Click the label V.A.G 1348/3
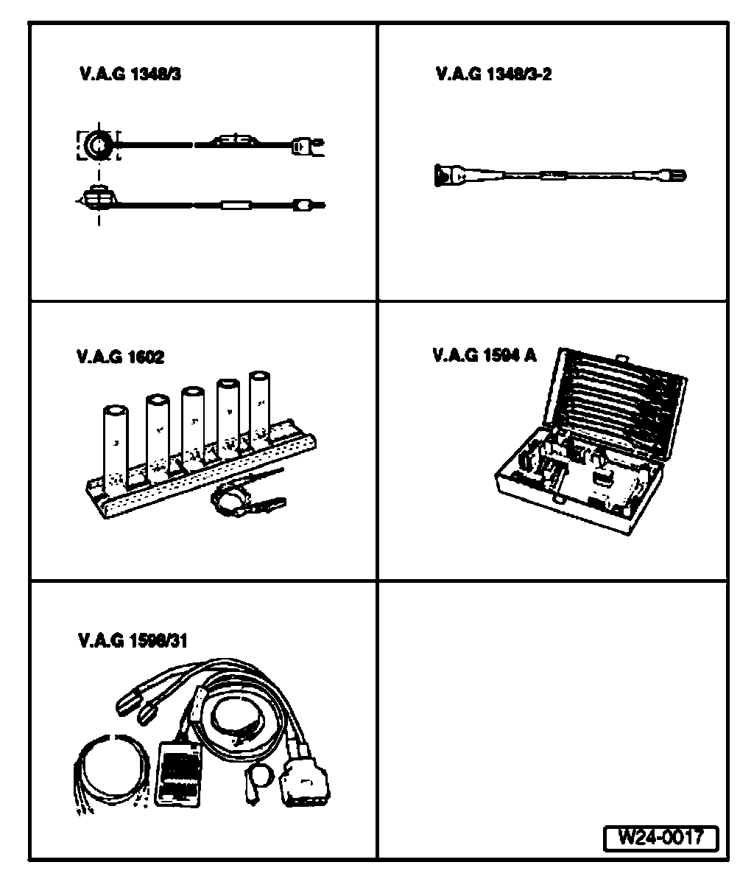[130, 74]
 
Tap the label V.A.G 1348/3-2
[493, 74]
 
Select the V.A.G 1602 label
[121, 357]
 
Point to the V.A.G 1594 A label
[485, 355]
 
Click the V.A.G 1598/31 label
[133, 641]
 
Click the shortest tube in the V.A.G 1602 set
[116, 447]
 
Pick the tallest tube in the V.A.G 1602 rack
[259, 410]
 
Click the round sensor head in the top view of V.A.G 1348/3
[99, 145]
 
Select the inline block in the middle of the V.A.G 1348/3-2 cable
[554, 175]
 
